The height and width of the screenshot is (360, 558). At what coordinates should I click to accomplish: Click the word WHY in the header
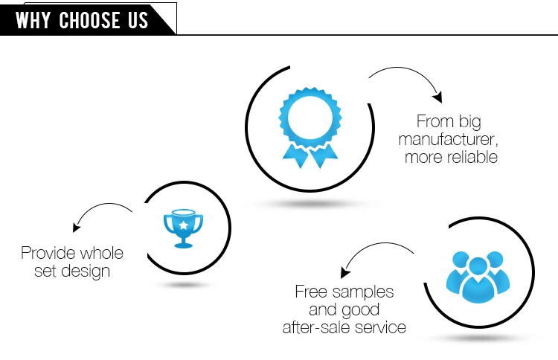tap(34, 20)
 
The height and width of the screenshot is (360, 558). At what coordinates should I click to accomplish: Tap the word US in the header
tap(137, 20)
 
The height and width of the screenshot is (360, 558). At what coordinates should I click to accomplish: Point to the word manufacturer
tap(448, 139)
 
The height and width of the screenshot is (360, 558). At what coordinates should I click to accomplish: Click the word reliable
tap(473, 157)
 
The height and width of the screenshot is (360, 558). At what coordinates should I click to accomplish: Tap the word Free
tap(312, 292)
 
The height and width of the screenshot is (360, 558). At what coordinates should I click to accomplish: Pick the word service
tap(379, 327)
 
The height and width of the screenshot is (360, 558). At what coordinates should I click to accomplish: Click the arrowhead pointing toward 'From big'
tap(438, 97)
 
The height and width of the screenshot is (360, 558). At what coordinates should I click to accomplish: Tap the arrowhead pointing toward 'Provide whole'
tap(76, 228)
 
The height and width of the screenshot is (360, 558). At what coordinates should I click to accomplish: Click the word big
tap(468, 121)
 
